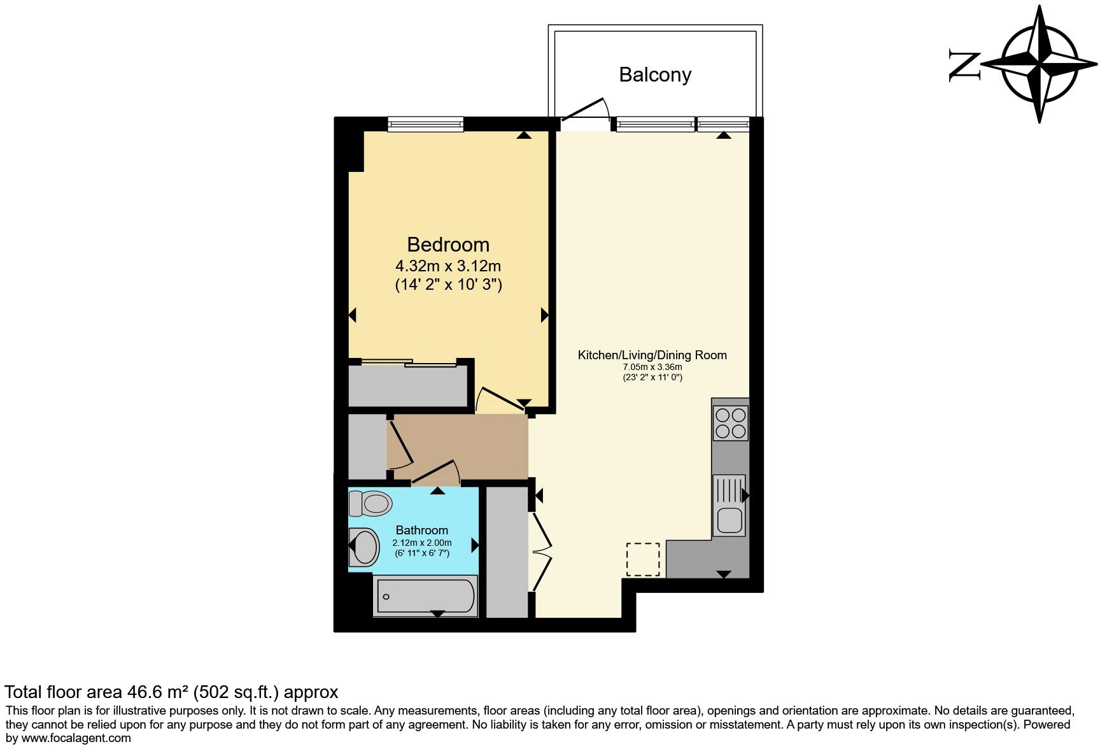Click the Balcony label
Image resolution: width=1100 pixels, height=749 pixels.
pos(655,75)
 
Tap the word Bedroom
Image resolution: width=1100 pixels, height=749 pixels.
pos(448,245)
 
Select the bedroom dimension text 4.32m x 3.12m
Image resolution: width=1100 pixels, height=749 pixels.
pos(448,265)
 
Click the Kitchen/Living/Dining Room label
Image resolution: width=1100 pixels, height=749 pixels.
pos(652,355)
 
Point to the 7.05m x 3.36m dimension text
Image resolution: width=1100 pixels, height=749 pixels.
pos(652,367)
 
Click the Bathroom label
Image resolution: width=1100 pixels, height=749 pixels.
pos(421,530)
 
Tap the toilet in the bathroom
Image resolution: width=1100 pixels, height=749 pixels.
pos(370,504)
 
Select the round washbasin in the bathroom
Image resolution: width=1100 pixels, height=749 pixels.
pos(365,546)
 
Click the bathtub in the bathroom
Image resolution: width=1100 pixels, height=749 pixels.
pos(425,596)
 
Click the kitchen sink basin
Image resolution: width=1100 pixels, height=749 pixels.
pos(730,520)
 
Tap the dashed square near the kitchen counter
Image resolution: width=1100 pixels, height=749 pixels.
pos(643,559)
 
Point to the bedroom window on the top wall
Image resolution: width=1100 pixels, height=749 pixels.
pos(426,124)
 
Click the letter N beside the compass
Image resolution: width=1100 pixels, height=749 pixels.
pos(964,65)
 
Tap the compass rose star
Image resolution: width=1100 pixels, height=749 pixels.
pos(1040,64)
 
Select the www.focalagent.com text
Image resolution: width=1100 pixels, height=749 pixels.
pos(75,738)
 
